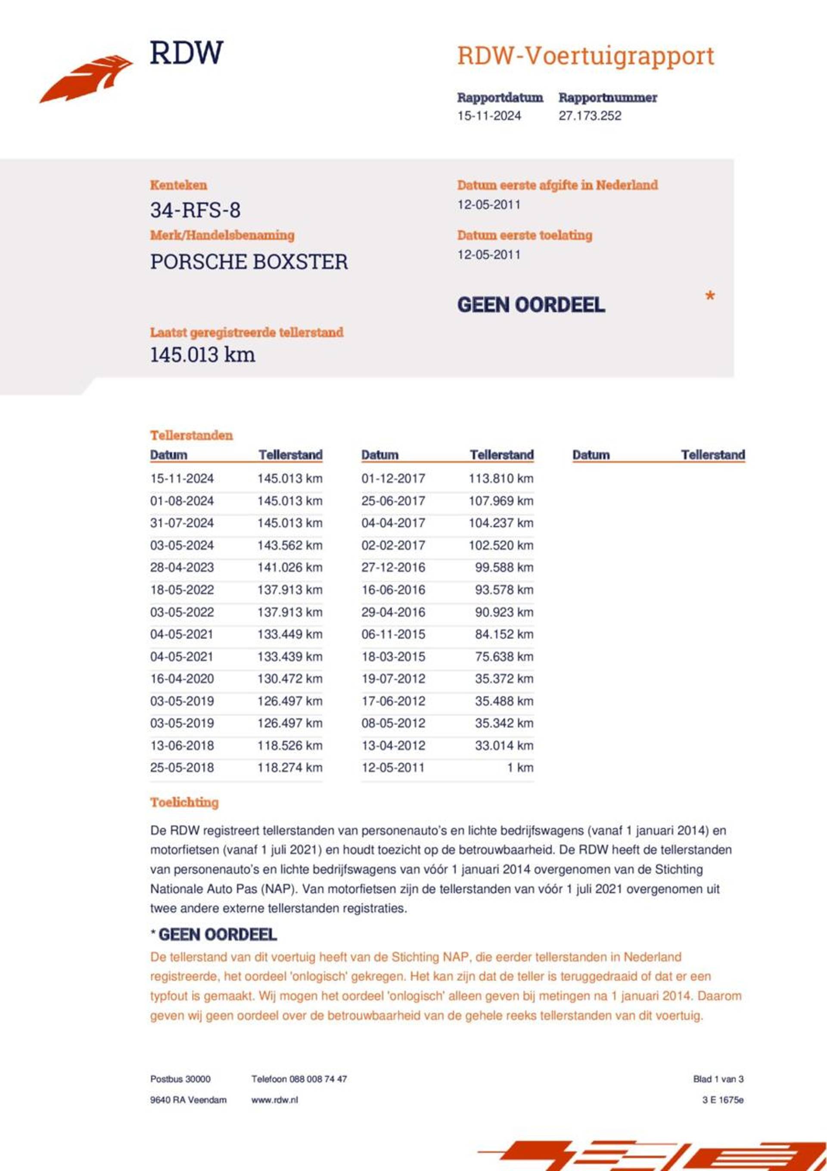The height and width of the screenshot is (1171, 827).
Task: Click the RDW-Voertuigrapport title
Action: coord(585,56)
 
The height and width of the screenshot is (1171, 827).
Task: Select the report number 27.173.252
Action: coord(590,116)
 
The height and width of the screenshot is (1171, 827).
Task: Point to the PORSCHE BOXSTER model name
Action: coord(249,262)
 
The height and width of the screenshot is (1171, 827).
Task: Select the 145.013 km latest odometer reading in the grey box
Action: coord(202,355)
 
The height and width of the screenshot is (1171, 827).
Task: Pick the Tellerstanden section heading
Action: coord(191,435)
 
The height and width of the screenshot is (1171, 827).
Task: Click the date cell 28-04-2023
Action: coord(182,568)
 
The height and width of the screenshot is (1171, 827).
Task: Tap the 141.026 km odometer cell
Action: coord(289,568)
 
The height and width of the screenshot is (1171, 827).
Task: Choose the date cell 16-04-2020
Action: coord(182,679)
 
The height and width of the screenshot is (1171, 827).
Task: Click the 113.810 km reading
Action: coord(501,478)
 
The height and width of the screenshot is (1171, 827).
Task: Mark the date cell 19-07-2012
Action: coord(393,679)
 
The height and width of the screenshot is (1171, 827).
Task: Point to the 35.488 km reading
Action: coord(504,701)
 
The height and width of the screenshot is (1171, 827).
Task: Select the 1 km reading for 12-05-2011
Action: coord(520,767)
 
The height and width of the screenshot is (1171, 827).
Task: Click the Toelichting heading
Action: coord(184,802)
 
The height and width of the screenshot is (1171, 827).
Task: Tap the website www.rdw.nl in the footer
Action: coord(274,1100)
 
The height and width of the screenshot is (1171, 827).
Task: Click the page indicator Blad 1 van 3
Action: coord(718,1079)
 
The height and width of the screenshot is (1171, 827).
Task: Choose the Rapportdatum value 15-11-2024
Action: coord(489,116)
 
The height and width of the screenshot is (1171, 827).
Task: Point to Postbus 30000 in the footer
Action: coord(180,1079)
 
